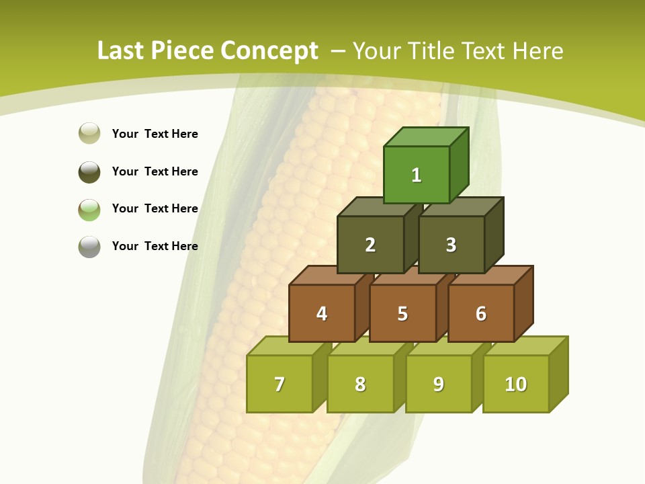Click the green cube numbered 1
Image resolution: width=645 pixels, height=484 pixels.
click(x=417, y=175)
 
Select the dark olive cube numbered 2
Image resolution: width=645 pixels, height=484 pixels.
click(x=370, y=245)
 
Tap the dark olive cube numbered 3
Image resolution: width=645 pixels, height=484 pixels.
click(x=451, y=245)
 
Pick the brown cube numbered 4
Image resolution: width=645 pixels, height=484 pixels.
click(x=322, y=313)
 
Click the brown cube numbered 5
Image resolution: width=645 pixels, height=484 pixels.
click(x=402, y=313)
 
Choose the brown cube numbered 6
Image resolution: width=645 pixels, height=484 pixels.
click(x=481, y=313)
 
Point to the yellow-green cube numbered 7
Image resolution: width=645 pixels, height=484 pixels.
click(x=279, y=384)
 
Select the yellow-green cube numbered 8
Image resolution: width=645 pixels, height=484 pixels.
click(x=360, y=384)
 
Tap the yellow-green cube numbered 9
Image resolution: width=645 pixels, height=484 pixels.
click(x=438, y=384)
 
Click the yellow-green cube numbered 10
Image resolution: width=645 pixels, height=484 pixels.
click(x=516, y=384)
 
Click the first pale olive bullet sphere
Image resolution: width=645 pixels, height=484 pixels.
click(x=89, y=133)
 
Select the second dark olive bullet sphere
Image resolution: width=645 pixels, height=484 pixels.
click(x=89, y=171)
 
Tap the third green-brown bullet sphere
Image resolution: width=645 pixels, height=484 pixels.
click(x=89, y=209)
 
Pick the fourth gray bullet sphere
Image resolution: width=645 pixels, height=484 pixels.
click(x=89, y=246)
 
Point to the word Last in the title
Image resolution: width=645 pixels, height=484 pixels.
click(x=121, y=51)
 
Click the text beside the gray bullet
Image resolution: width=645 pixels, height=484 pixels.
click(x=155, y=246)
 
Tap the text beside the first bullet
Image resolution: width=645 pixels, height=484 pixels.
click(x=155, y=134)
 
